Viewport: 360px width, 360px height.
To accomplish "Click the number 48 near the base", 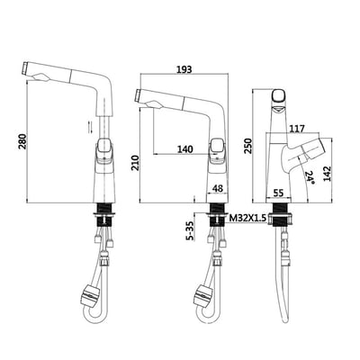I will coord(217,189).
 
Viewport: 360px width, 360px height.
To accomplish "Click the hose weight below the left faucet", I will coord(90,294).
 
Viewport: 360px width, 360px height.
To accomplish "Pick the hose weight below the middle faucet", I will coord(205,294).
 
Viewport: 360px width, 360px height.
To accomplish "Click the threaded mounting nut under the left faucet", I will coord(106,216).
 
